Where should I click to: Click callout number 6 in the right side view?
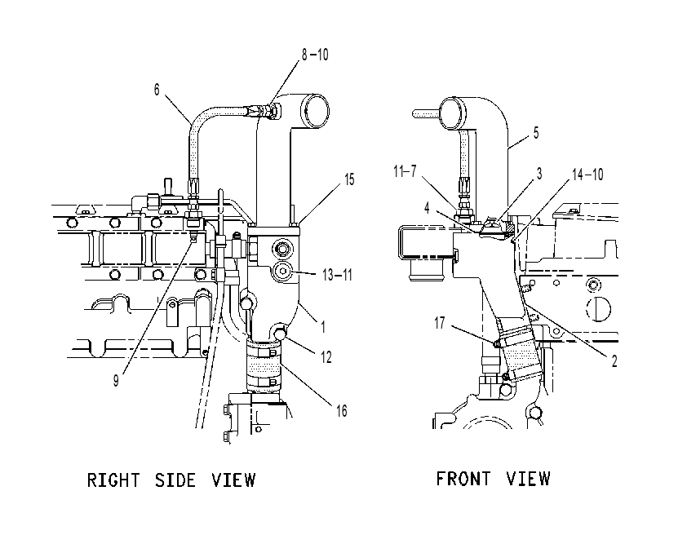[x=157, y=90]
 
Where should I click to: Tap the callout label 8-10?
[x=315, y=55]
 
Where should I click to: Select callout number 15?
[x=349, y=179]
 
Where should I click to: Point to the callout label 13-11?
[x=337, y=275]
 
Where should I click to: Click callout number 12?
[x=326, y=357]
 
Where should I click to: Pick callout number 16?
[x=342, y=411]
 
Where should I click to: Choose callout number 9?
[x=116, y=381]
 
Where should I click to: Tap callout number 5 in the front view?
[x=536, y=133]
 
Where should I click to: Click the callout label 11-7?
[x=405, y=171]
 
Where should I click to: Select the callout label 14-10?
[x=588, y=175]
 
